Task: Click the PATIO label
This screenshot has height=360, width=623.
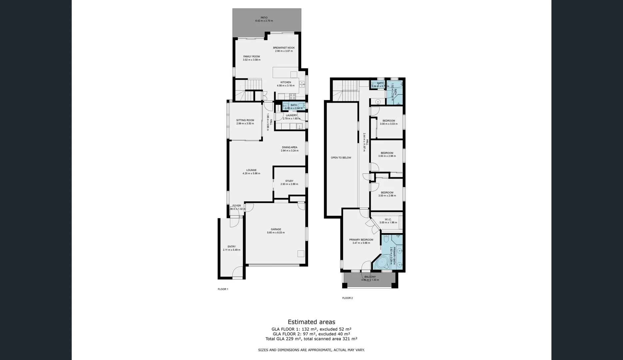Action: click(264, 18)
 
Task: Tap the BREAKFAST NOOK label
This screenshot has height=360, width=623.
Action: click(284, 48)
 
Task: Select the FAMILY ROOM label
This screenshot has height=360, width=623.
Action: click(252, 57)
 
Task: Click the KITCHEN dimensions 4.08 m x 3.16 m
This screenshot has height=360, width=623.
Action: click(286, 86)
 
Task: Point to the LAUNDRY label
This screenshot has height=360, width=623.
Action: click(291, 115)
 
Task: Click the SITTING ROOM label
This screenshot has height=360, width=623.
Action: click(245, 120)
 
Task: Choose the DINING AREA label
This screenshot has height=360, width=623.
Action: click(290, 147)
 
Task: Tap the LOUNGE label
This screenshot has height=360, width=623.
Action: click(251, 170)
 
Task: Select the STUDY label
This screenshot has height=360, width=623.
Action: click(289, 181)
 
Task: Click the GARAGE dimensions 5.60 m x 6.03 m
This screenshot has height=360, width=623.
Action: click(276, 233)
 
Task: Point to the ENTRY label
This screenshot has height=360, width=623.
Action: click(232, 247)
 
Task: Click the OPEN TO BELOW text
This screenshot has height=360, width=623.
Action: click(341, 158)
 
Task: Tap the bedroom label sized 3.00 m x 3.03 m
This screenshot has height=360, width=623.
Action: click(388, 121)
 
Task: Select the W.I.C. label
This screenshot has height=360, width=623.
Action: click(388, 219)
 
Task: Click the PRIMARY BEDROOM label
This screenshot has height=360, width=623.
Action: click(361, 240)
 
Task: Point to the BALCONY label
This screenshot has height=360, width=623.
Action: click(370, 277)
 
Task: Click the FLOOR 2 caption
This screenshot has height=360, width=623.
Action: click(347, 298)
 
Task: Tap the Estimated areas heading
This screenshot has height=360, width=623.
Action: click(311, 322)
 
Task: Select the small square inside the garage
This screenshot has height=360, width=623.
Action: click(301, 254)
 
